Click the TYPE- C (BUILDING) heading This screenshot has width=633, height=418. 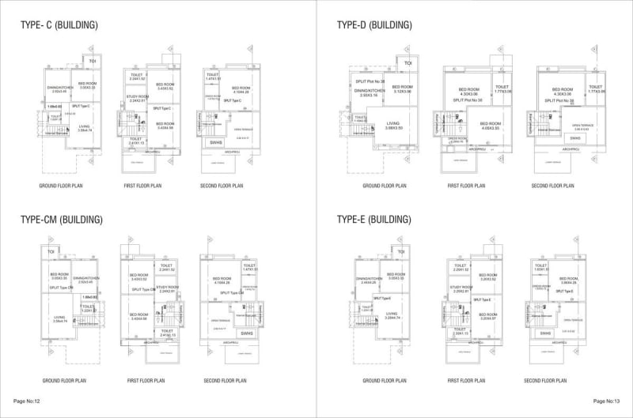tap(59, 24)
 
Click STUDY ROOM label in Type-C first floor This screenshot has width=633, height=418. tap(137, 97)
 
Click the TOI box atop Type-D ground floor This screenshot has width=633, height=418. tap(408, 63)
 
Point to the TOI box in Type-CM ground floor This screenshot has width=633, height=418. tap(50, 251)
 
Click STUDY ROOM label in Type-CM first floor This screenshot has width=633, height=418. tap(167, 288)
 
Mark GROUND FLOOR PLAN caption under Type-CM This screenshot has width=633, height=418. tap(62, 381)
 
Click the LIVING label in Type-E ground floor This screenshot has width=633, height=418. tap(392, 314)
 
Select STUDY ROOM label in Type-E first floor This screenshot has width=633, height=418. tap(461, 288)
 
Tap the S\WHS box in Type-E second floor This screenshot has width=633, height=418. tap(546, 333)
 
